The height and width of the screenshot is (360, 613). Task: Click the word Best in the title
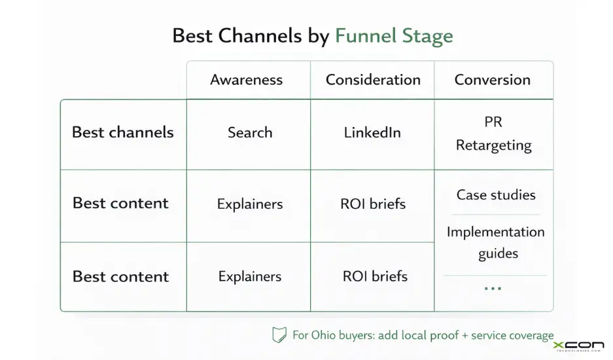pyautogui.click(x=192, y=35)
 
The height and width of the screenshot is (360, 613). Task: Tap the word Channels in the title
pyautogui.click(x=260, y=35)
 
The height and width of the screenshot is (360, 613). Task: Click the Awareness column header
pyautogui.click(x=247, y=81)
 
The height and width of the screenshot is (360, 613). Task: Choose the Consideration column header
pyautogui.click(x=373, y=80)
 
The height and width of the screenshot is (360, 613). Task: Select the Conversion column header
pyautogui.click(x=492, y=80)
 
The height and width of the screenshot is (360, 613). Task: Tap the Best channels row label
pyautogui.click(x=123, y=132)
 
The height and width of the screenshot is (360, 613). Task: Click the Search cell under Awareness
pyautogui.click(x=249, y=132)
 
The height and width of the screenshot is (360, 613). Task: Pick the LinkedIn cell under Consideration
pyautogui.click(x=372, y=132)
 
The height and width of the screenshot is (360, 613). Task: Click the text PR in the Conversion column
pyautogui.click(x=494, y=122)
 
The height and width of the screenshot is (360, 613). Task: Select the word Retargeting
pyautogui.click(x=494, y=145)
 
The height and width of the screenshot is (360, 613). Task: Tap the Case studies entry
pyautogui.click(x=496, y=195)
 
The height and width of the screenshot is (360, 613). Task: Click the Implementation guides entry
pyautogui.click(x=495, y=242)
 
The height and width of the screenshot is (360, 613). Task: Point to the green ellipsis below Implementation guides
pyautogui.click(x=493, y=288)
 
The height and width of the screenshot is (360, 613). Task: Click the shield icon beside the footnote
pyautogui.click(x=279, y=335)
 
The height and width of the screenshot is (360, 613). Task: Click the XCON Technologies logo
pyautogui.click(x=578, y=346)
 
